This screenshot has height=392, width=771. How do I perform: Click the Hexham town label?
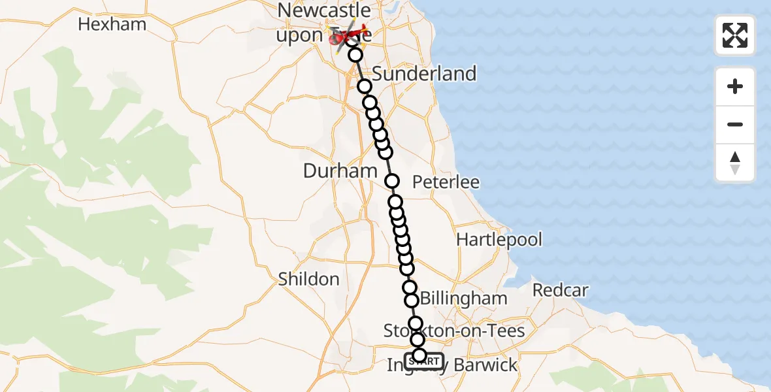coord(112,25)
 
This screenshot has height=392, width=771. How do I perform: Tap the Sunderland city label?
coord(425,74)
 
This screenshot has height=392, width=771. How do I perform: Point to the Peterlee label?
coord(446,182)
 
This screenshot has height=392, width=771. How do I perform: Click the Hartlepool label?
coord(499,240)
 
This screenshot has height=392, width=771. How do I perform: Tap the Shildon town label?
coord(308,279)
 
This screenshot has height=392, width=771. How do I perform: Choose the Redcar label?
coord(561,290)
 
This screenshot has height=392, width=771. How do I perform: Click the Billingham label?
coord(464,299)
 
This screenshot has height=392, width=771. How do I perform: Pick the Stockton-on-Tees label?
coord(454,331)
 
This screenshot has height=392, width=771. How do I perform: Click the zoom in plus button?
coord(735,86)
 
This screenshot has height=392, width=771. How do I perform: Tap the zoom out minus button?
coord(735,124)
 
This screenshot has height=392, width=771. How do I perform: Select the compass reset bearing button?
coord(735,163)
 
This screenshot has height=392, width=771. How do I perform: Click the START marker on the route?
coord(424,361)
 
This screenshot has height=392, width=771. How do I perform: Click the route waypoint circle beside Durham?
coord(392,181)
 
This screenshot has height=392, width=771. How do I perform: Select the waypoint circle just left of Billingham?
coord(412,301)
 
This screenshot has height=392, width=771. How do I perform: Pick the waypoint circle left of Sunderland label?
coord(365,86)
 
